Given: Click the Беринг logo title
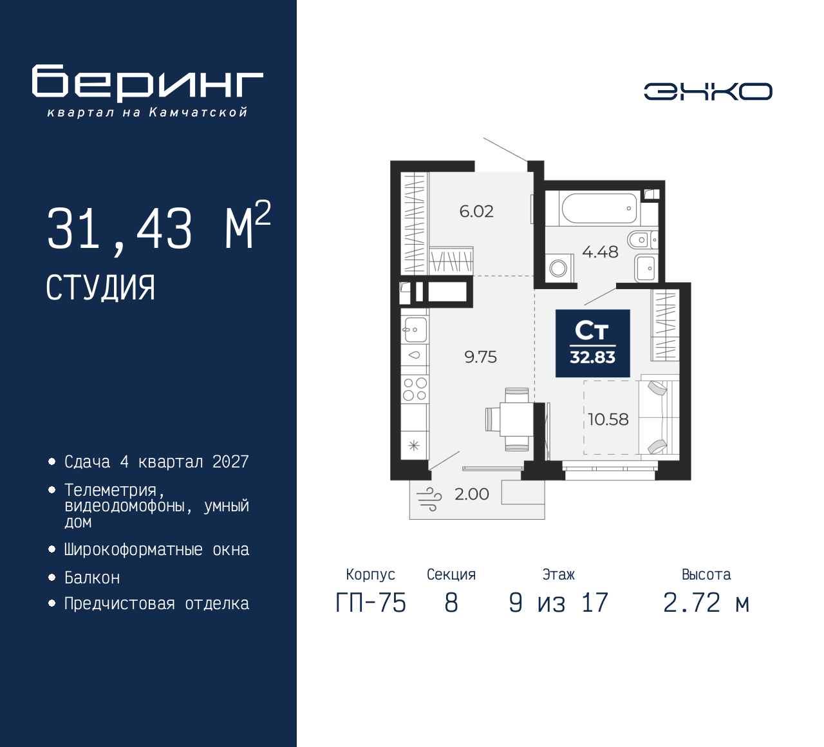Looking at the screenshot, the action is (147, 84).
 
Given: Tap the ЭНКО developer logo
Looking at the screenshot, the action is (707, 91).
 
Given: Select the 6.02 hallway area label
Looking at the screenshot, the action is (476, 211).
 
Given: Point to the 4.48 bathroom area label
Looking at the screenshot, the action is (600, 252).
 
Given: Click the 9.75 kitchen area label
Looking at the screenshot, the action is (481, 357).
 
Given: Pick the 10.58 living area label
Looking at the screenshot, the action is (608, 419).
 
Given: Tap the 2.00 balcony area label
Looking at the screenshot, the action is (472, 494).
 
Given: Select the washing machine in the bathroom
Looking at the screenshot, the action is (559, 269).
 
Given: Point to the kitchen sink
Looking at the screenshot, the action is (415, 329).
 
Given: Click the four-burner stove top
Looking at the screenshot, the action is (415, 389).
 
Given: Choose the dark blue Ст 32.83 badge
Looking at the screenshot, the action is (592, 343).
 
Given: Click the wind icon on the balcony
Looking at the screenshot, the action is (429, 499).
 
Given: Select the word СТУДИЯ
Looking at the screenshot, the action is (100, 288).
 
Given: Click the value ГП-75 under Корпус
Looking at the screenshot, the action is (371, 603).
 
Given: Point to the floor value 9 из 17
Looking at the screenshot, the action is (558, 603).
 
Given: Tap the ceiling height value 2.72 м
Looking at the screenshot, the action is (706, 603).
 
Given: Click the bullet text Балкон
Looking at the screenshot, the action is (92, 578).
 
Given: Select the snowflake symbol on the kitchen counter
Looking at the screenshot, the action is (414, 446).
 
